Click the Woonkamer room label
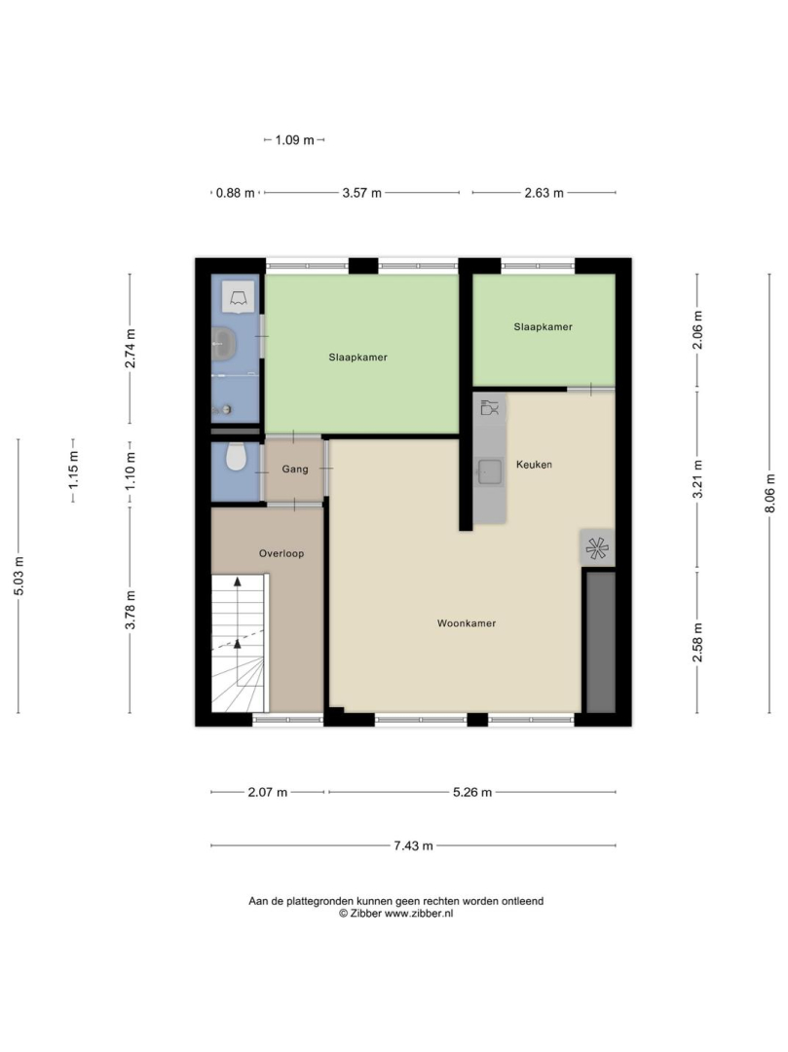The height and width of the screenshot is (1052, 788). [x=467, y=623]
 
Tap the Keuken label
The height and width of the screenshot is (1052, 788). [x=534, y=465]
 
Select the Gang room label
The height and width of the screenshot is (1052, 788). [x=295, y=469]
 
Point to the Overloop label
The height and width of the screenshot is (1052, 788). [x=281, y=553]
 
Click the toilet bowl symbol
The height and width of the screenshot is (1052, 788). [x=236, y=457]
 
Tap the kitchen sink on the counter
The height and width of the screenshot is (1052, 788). [x=490, y=471]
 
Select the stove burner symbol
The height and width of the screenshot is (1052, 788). [x=597, y=548]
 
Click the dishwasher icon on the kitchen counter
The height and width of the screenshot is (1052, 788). [x=490, y=407]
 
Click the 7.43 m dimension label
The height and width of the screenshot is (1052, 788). [x=413, y=846]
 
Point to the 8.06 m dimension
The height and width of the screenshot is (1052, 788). [x=769, y=493]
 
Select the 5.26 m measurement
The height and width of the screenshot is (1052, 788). [x=472, y=792]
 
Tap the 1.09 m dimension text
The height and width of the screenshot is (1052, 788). [x=294, y=140]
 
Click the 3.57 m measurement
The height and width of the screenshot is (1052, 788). [x=362, y=193]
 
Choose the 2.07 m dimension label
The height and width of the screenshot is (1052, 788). [x=268, y=792]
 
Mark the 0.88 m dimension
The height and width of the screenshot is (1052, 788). [x=236, y=193]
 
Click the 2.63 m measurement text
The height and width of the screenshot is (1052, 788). [x=544, y=193]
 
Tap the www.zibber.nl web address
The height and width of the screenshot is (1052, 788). [x=419, y=913]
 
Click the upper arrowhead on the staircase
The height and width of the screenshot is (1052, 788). [x=238, y=582]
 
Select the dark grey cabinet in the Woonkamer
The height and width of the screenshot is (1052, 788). [x=601, y=642]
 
